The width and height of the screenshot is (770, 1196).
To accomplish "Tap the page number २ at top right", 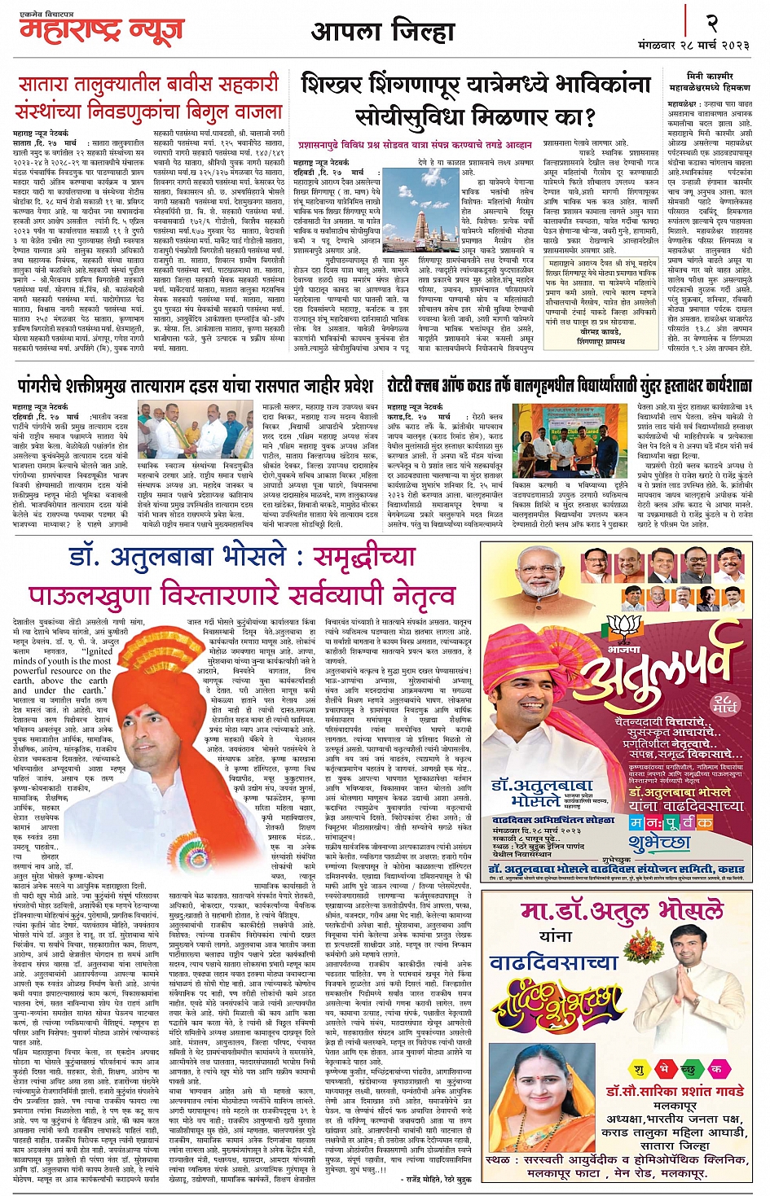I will [711, 24].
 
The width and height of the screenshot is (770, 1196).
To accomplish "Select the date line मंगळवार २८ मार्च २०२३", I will [694, 46].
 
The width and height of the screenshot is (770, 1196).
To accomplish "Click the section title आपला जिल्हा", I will [383, 32].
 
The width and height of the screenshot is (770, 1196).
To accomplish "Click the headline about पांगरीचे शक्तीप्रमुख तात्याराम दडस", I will [196, 385].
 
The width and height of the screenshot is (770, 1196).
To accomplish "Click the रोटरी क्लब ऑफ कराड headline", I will [569, 385].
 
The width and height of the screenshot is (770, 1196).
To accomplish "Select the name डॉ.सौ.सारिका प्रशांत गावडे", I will [675, 1090].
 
